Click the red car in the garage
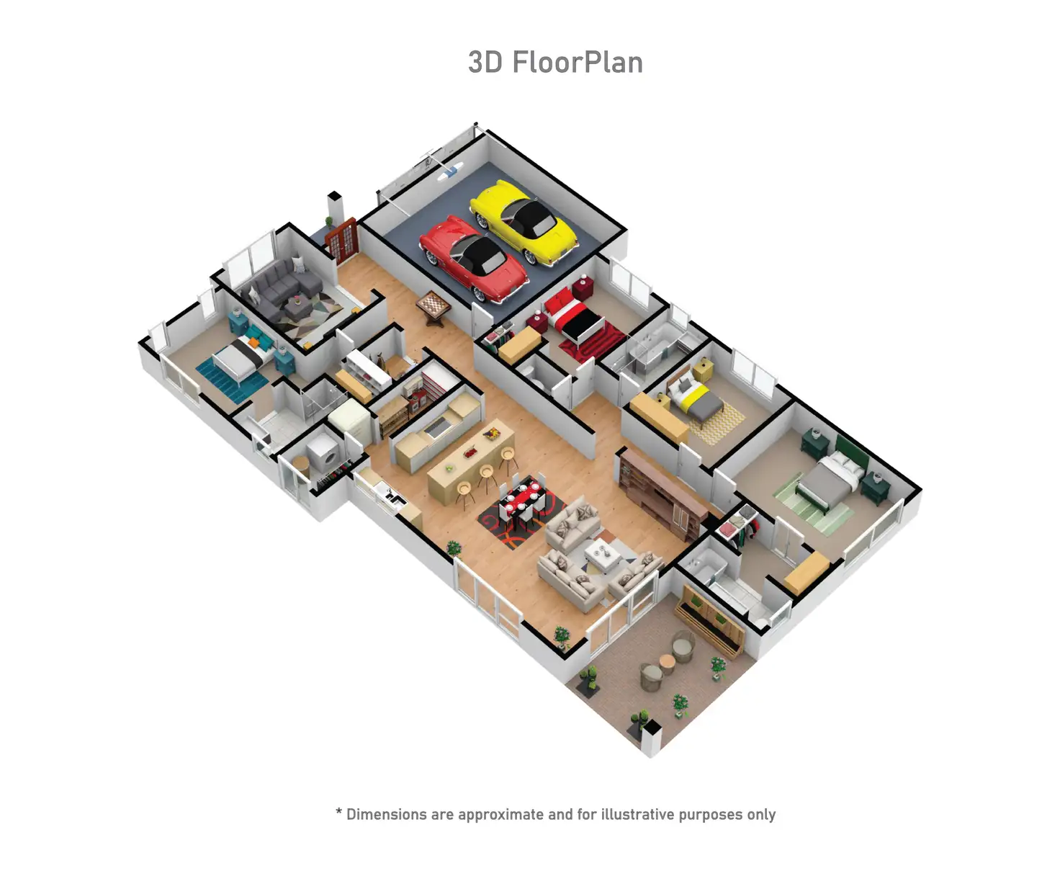[473, 259]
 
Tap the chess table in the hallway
[433, 307]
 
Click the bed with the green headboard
[831, 475]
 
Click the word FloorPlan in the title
[578, 63]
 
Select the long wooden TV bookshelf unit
[662, 495]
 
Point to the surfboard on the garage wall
[451, 171]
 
